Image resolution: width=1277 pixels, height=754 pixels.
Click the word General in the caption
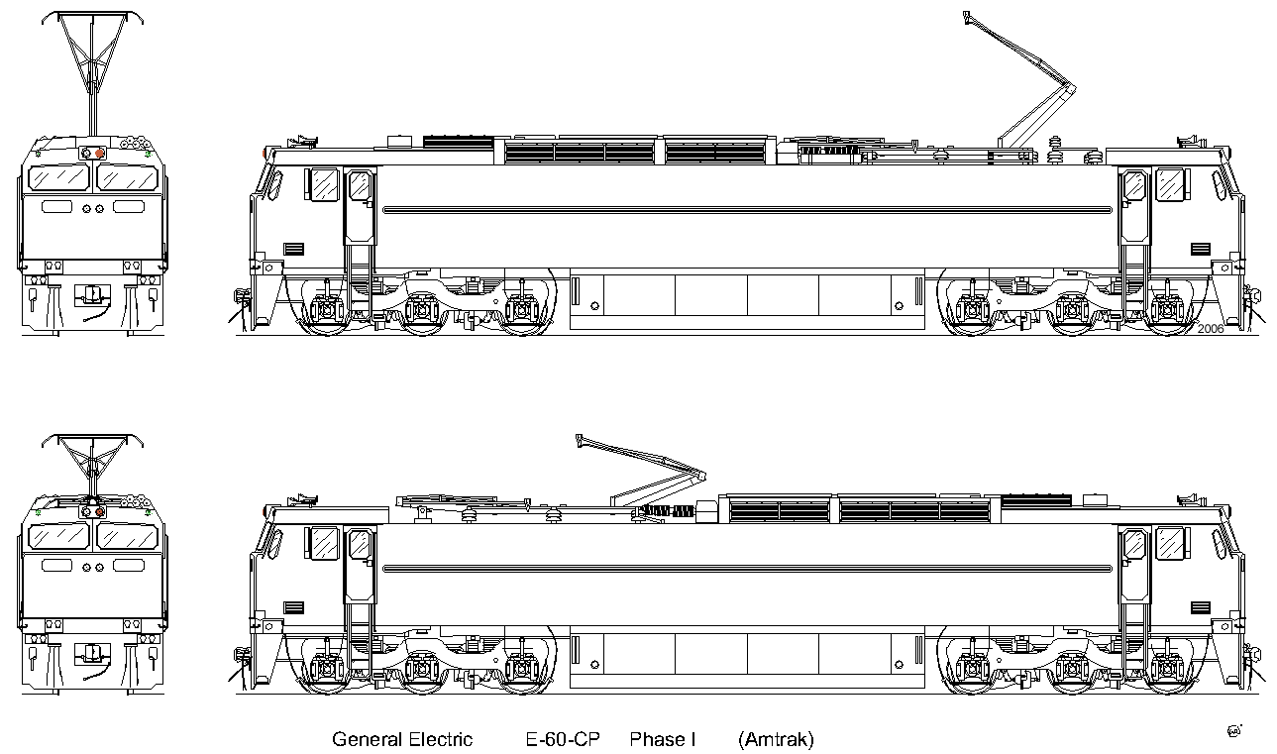tap(368, 739)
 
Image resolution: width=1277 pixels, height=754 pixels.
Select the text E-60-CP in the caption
tap(563, 739)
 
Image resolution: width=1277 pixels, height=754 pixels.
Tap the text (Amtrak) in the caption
tap(776, 740)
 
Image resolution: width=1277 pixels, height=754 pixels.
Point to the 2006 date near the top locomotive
tap(1211, 329)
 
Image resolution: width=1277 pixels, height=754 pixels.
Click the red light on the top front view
tap(100, 153)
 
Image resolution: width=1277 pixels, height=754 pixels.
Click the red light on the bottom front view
tap(100, 512)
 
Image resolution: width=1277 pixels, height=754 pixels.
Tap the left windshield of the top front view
tap(58, 178)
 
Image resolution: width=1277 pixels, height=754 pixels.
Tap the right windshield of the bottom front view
tap(128, 537)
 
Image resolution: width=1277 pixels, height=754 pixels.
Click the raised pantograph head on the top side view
tap(966, 17)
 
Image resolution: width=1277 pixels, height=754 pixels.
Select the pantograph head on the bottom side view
tap(580, 441)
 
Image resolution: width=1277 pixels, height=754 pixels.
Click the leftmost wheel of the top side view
tap(326, 310)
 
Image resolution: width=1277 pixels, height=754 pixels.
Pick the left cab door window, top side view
tap(360, 186)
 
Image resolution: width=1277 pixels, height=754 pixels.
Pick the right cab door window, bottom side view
tap(1134, 545)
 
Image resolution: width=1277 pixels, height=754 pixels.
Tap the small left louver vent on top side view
tap(293, 249)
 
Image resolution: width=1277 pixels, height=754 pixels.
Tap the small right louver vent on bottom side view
tap(1201, 607)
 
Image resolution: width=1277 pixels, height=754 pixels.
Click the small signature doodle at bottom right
tap(1234, 730)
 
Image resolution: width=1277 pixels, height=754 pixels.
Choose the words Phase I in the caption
tap(663, 739)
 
